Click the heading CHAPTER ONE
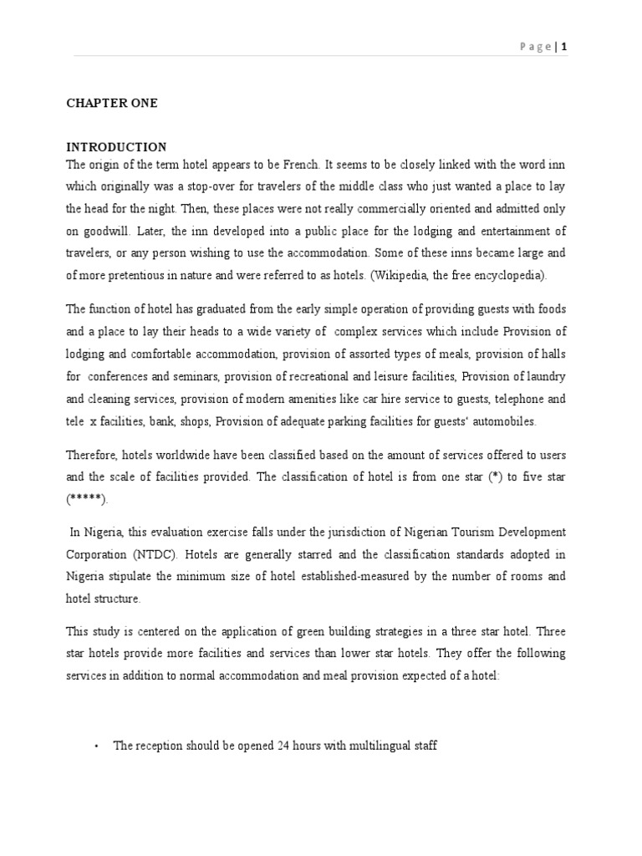[112, 103]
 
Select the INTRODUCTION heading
[116, 147]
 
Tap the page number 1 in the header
[564, 48]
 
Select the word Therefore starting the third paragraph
[91, 455]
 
